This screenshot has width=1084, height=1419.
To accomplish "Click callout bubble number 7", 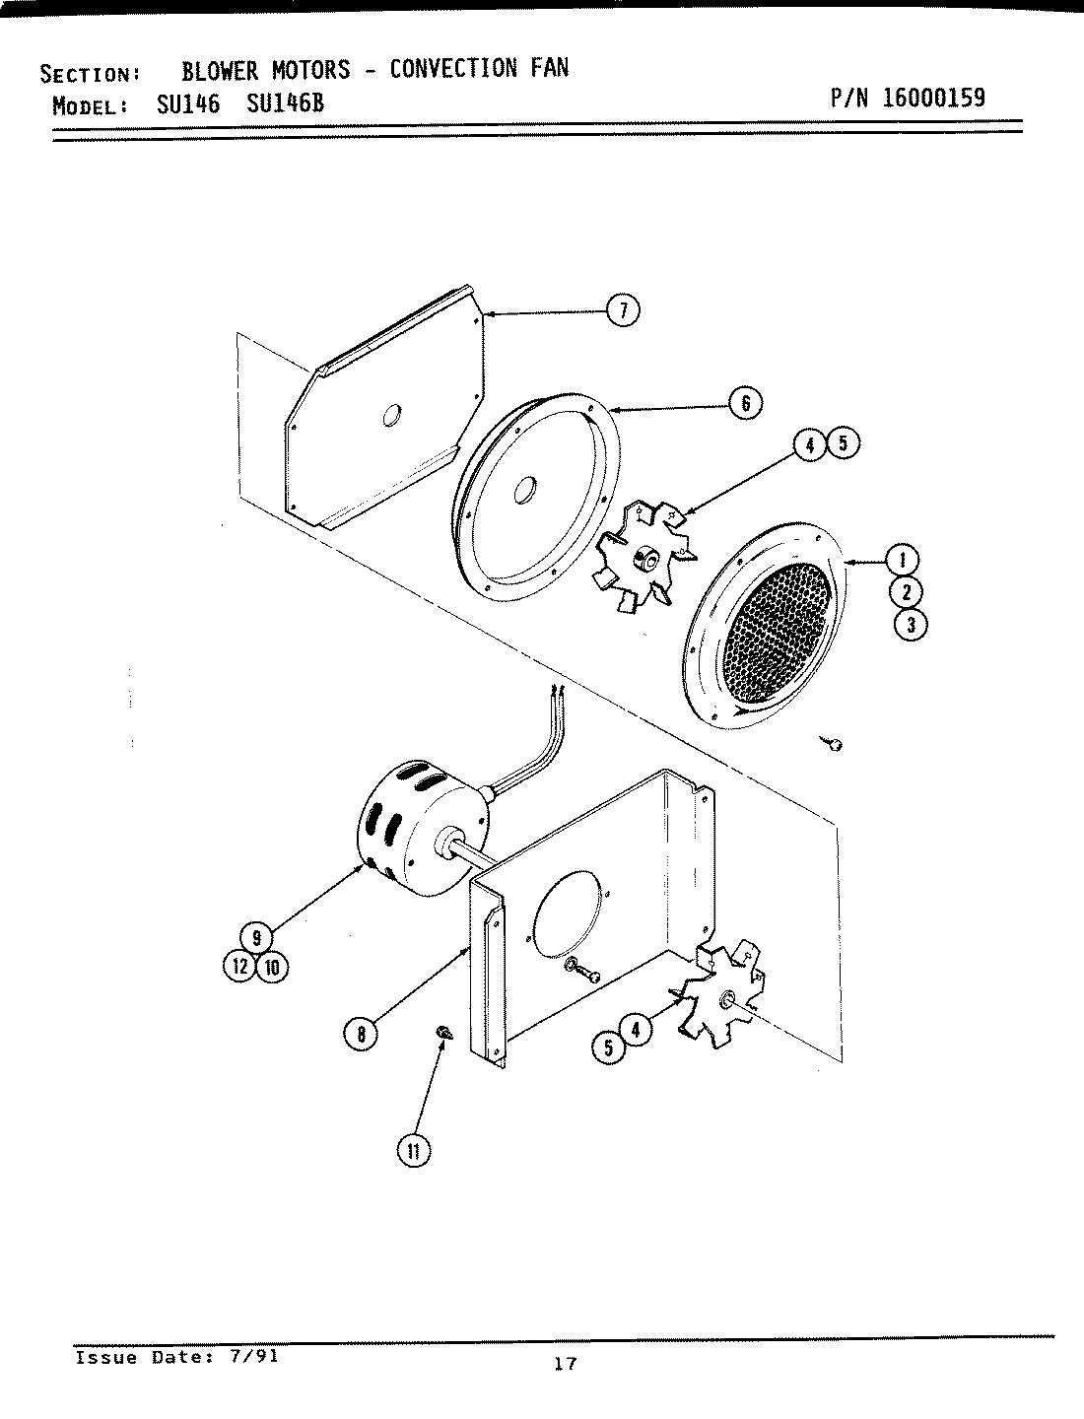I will [x=622, y=310].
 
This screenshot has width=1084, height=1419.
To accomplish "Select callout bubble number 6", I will [x=745, y=402].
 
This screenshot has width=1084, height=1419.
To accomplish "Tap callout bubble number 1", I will [x=905, y=560].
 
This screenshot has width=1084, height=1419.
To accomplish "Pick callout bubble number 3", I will [x=911, y=625].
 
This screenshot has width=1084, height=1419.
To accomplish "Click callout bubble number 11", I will [x=414, y=1150].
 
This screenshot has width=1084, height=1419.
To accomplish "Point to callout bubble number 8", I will [x=361, y=1034].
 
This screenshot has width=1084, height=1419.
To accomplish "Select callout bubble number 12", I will [x=239, y=967].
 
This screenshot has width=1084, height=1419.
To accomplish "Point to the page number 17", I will [x=565, y=1365].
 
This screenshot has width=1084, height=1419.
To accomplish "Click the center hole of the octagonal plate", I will [x=391, y=417].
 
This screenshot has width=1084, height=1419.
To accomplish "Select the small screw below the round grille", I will [x=833, y=744].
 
